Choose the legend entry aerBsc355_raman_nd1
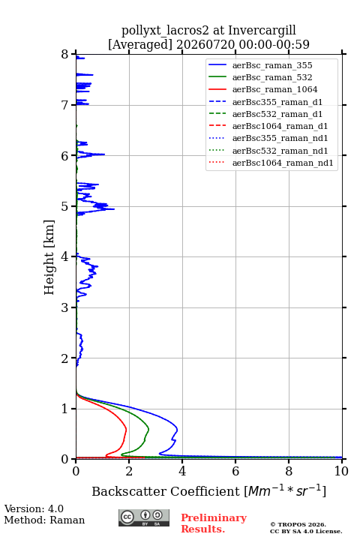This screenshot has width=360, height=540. click(x=268, y=138)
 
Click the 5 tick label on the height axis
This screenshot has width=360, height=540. click(x=65, y=207)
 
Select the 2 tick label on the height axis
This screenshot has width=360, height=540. click(x=65, y=358)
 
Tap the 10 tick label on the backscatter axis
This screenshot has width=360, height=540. click(x=341, y=471)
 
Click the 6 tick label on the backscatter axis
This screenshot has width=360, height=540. click(x=235, y=471)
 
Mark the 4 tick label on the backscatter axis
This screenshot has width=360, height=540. click(x=182, y=471)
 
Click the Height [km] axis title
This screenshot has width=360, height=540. click(x=49, y=257)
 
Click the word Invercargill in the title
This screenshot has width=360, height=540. click(x=262, y=30)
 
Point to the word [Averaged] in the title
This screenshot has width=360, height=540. click(x=139, y=44)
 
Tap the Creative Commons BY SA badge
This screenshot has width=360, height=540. click(x=144, y=517)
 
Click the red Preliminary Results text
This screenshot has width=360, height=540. click(x=214, y=523)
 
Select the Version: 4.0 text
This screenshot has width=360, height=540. click(x=34, y=508)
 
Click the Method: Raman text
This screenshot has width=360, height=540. click(x=44, y=520)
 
